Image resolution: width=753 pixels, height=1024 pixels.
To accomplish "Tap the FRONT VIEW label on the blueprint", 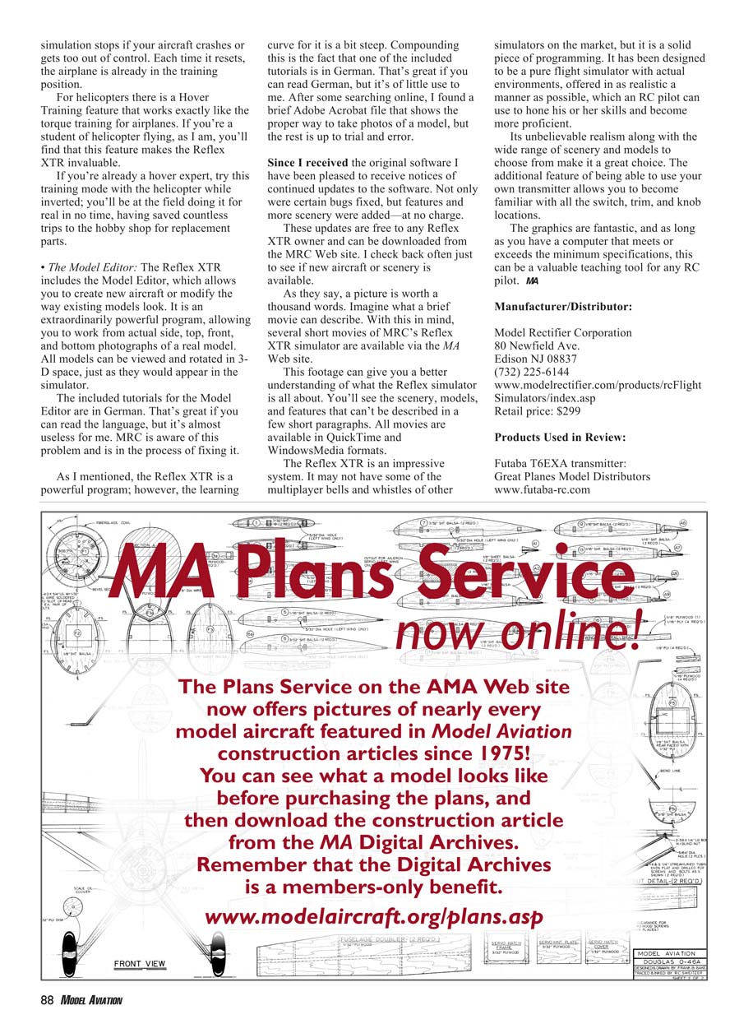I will tap(140, 963).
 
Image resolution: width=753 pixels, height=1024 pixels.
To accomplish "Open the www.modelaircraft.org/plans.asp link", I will tap(372, 916).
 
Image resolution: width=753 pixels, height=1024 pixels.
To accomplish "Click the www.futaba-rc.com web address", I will tap(543, 489).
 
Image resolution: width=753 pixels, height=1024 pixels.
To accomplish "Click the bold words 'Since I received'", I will tap(308, 163).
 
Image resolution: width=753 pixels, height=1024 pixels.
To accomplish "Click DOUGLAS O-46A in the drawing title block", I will tap(667, 961).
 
